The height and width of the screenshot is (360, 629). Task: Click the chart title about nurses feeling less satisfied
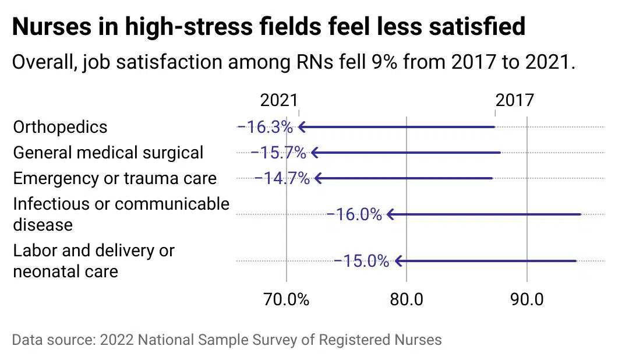tap(268, 27)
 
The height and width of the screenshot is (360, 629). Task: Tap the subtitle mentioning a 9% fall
tap(294, 62)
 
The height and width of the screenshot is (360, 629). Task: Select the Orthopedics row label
tap(60, 127)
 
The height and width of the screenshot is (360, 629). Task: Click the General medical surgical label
tap(108, 153)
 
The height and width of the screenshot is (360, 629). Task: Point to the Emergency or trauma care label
tap(115, 178)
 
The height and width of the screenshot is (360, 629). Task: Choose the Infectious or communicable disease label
tap(121, 214)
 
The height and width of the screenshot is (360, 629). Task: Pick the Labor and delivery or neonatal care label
tap(94, 261)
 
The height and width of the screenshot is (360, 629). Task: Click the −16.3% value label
tap(265, 127)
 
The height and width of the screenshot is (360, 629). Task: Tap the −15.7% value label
tap(278, 153)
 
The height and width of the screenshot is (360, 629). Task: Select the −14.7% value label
tap(282, 178)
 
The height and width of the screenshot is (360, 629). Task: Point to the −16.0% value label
tap(354, 214)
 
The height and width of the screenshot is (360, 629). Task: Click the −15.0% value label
tap(361, 261)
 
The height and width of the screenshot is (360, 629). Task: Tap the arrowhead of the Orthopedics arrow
tap(301, 127)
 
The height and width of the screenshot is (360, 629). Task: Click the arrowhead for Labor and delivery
tap(398, 261)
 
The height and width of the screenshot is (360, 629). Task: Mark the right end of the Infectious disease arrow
tap(580, 214)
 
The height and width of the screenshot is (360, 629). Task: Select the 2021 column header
tap(278, 100)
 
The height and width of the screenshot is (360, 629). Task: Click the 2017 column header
tap(515, 100)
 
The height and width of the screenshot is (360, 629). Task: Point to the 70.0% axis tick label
tap(286, 299)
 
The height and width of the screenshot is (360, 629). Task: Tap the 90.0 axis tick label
tap(526, 299)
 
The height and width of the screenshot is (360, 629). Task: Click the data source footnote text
tap(227, 340)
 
